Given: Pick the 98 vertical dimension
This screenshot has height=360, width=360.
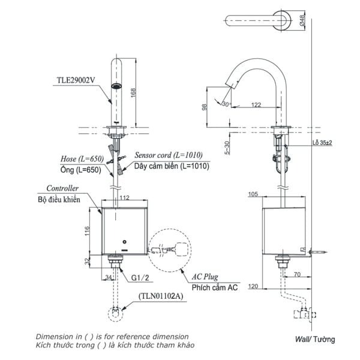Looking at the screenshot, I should click(205, 107).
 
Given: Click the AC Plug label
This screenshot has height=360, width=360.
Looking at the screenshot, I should click(206, 278).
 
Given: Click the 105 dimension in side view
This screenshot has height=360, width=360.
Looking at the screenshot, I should click(252, 194).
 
